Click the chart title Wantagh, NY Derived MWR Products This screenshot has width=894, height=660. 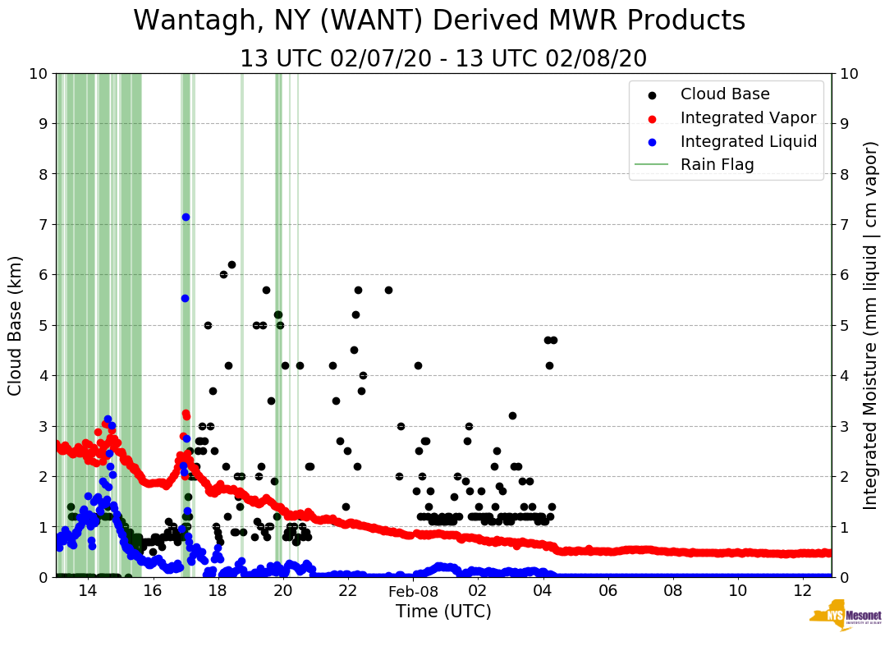point(439,21)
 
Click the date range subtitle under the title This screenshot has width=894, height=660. point(443,59)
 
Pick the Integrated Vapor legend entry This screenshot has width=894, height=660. point(747,118)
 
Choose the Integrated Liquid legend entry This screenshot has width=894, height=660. point(748,141)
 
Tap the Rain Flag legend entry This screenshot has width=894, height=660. point(717,165)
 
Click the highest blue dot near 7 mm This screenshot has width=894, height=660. point(186,217)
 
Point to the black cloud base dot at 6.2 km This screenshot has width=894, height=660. point(232,264)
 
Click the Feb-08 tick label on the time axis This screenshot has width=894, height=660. point(413,591)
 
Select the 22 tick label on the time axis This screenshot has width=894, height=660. point(347,591)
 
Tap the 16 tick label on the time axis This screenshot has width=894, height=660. point(153,591)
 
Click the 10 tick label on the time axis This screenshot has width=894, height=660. point(737,591)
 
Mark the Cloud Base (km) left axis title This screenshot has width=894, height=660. point(16,325)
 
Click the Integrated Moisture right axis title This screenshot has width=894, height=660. point(871,325)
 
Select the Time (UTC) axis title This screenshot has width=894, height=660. point(443,612)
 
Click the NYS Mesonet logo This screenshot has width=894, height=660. point(846,618)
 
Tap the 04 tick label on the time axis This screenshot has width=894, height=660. point(543,591)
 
